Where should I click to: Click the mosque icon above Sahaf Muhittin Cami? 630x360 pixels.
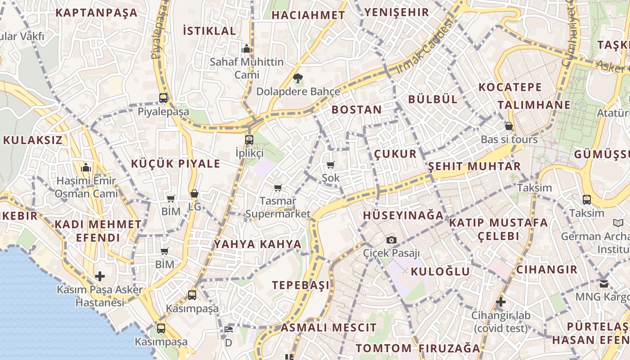[246, 48]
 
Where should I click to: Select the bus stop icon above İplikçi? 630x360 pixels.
[249, 140]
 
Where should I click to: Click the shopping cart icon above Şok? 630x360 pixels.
[331, 165]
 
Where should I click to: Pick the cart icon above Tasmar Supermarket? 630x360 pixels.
[278, 188]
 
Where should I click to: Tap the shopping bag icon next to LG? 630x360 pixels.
[194, 194]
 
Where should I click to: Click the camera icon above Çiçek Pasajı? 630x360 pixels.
[391, 240]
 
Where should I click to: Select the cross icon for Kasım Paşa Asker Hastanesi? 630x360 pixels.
[100, 276]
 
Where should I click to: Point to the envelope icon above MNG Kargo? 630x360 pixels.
[603, 284]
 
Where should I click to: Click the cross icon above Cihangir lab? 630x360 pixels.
[501, 302]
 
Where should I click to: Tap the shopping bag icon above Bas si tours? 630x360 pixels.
[509, 126]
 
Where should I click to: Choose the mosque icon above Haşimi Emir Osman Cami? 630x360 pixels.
[86, 168]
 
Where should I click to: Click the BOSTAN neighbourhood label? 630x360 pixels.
[356, 109]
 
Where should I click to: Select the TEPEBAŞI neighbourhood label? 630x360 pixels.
[301, 285]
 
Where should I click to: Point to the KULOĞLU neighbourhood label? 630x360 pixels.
[440, 271]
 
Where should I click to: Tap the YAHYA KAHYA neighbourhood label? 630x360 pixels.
[257, 244]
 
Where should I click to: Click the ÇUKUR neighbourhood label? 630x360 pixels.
[396, 154]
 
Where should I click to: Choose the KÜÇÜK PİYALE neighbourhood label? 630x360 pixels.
[175, 163]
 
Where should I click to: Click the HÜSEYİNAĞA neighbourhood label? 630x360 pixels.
[403, 215]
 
